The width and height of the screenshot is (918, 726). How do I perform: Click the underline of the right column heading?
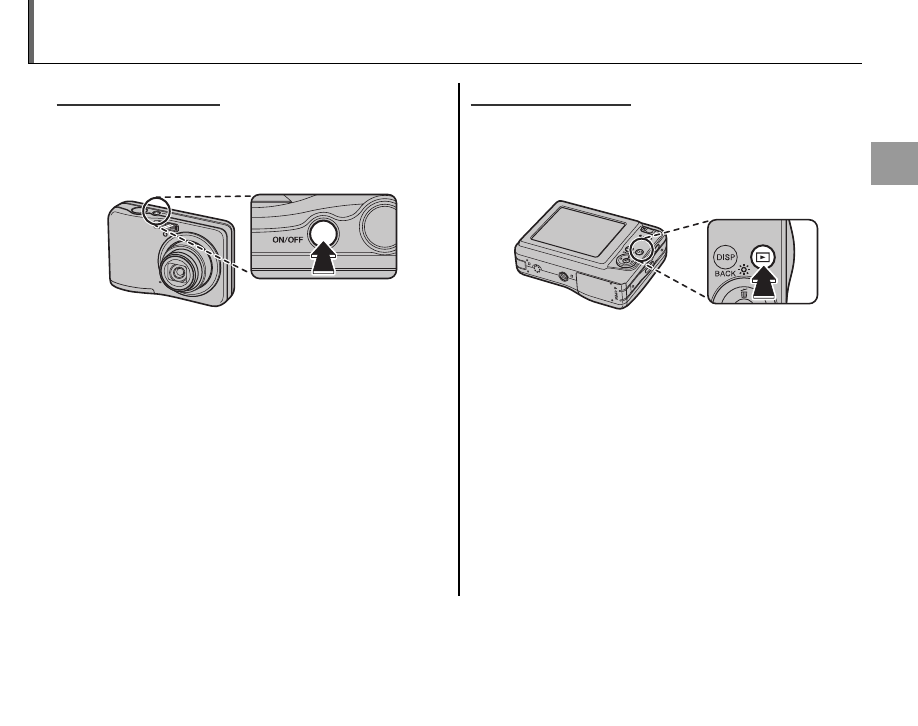click(x=551, y=103)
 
